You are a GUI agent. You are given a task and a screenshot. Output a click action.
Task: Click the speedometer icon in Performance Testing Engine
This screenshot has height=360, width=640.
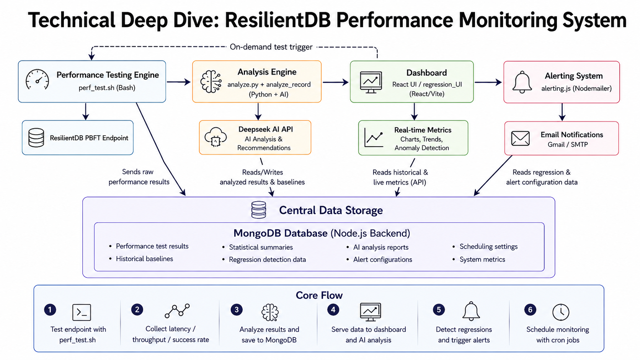(x=37, y=80)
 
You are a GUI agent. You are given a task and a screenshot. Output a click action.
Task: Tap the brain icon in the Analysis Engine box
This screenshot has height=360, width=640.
(x=211, y=82)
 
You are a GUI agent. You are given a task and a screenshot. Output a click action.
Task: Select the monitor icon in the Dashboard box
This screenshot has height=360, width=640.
(x=371, y=82)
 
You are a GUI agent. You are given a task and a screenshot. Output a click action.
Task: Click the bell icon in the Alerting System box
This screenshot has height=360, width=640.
(x=522, y=82)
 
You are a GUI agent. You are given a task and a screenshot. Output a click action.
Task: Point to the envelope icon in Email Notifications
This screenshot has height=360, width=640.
(x=520, y=138)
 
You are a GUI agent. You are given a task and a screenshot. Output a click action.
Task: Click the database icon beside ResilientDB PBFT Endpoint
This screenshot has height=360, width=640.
(x=36, y=138)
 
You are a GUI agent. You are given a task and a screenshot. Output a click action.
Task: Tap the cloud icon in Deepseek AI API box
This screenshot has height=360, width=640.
(x=216, y=137)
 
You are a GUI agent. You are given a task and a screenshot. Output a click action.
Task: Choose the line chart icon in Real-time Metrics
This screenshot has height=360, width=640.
(x=374, y=137)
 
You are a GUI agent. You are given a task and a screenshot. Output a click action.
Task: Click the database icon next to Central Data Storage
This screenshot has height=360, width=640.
(x=259, y=210)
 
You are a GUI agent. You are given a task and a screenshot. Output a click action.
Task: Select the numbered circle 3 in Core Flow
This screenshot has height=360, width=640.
(x=237, y=310)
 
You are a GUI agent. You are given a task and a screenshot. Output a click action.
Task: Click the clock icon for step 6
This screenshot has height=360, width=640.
(x=561, y=312)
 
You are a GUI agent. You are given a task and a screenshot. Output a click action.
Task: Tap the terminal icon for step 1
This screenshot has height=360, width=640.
(x=82, y=312)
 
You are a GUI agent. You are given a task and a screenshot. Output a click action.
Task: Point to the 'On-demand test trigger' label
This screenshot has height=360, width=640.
(x=271, y=47)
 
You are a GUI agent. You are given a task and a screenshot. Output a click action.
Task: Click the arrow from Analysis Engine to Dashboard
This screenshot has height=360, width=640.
(x=336, y=82)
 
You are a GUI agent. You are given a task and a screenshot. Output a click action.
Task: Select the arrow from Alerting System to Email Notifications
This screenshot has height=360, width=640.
(x=562, y=112)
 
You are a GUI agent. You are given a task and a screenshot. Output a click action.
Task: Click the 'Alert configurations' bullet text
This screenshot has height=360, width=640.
(x=382, y=259)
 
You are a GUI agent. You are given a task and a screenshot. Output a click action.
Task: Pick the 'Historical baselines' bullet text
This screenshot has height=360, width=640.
(x=144, y=259)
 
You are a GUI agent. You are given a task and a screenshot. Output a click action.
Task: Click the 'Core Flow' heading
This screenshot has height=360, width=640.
(x=319, y=295)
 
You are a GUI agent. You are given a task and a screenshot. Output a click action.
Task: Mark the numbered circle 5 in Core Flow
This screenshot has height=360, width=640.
(x=439, y=310)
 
